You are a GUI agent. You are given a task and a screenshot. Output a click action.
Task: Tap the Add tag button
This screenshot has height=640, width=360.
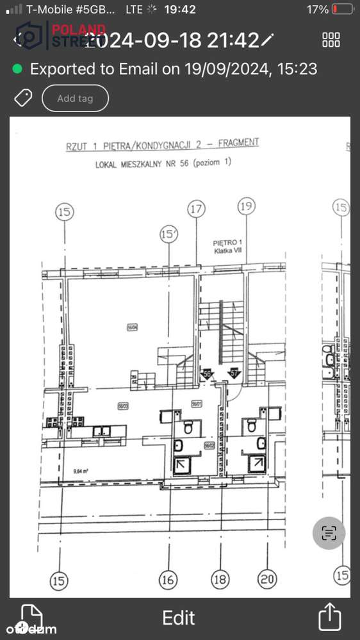(x=75, y=99)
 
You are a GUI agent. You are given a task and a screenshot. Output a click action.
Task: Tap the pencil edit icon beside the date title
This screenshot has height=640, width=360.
(x=267, y=40)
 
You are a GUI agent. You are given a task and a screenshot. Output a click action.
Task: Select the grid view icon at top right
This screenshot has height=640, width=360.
(x=331, y=40)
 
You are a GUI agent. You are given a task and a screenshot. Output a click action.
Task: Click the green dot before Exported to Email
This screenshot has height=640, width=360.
(x=17, y=69)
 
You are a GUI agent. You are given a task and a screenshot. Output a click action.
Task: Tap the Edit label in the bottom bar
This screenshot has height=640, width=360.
(x=179, y=618)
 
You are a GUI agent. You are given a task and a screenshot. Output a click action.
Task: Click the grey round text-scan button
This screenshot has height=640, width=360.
(x=329, y=532)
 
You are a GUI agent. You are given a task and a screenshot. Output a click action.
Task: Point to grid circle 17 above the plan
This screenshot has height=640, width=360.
(x=196, y=208)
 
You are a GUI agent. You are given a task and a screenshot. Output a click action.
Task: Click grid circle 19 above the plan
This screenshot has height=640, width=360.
(x=246, y=206)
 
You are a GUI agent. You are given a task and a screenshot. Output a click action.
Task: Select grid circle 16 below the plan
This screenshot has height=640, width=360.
(x=167, y=580)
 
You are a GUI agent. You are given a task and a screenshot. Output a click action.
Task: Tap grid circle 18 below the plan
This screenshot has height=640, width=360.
(x=220, y=580)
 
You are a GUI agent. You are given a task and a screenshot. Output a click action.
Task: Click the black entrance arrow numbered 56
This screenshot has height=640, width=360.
(x=207, y=374)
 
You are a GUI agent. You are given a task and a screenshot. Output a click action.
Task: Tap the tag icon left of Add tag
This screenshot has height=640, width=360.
(x=23, y=98)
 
